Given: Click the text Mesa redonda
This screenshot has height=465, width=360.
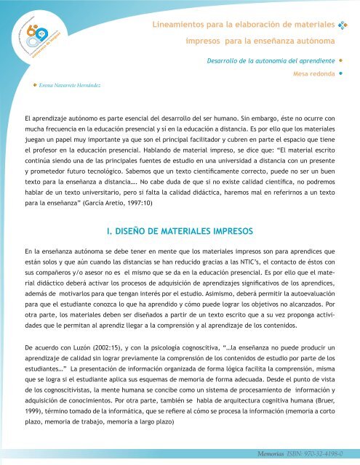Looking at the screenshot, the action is click(313, 73).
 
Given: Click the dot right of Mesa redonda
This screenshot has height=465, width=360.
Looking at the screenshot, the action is click(340, 73).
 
